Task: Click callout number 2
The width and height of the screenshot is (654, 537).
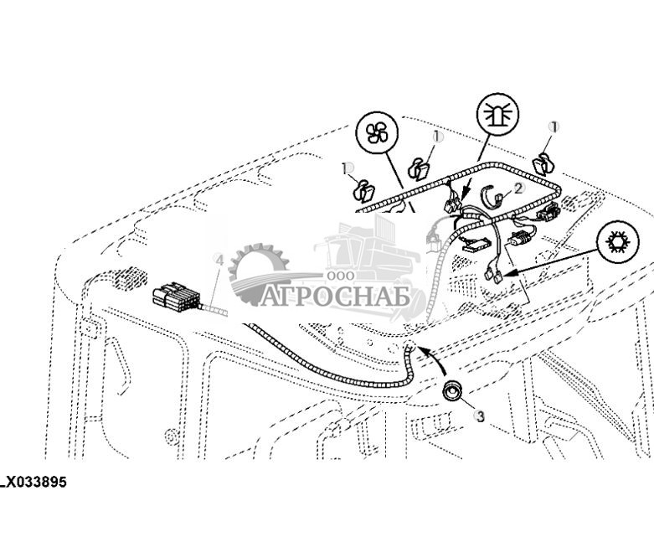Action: [x=518, y=188]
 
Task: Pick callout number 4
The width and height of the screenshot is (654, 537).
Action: [x=219, y=261]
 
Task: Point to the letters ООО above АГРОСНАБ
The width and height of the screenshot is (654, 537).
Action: [x=339, y=276]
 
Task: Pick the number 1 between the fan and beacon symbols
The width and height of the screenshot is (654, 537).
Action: [x=437, y=136]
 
